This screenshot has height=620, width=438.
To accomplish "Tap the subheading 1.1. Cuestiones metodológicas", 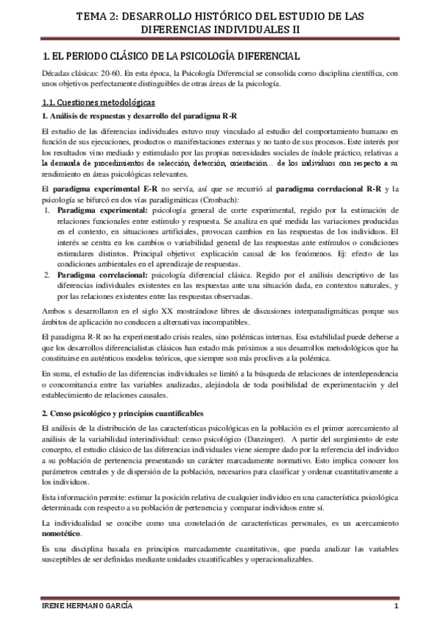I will point(97,103).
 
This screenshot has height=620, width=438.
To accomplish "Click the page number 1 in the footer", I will point(394,608).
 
